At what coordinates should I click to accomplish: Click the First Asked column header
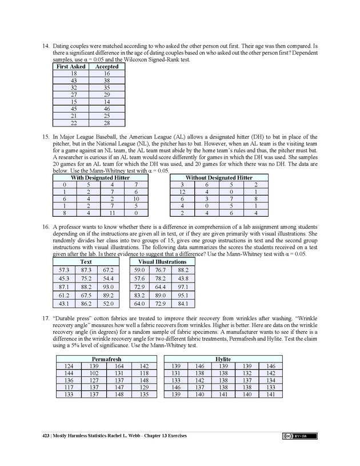click(x=70, y=66)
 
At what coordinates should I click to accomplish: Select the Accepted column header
click(x=107, y=66)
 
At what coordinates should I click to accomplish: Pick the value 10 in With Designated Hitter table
click(x=135, y=199)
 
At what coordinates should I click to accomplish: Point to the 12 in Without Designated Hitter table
click(x=181, y=192)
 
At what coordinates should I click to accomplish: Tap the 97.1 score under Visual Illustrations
click(x=182, y=286)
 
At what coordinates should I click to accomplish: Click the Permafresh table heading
click(x=106, y=359)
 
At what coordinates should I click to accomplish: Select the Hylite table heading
click(x=223, y=359)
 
